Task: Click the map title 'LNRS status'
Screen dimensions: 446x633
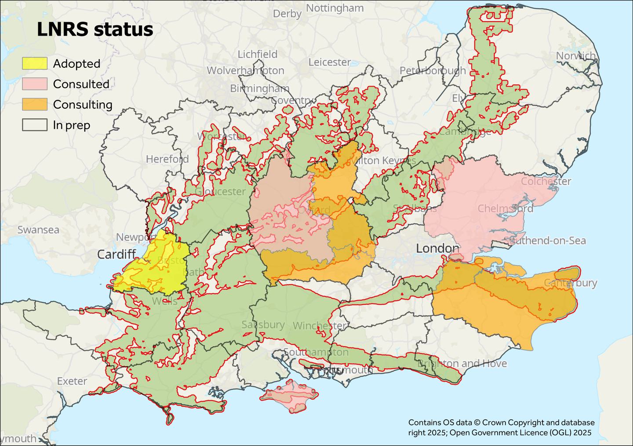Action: [95, 29]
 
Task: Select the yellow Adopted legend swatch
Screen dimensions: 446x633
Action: [35, 63]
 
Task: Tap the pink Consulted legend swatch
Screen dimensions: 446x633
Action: [35, 84]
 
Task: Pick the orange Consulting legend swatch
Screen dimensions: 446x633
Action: [35, 105]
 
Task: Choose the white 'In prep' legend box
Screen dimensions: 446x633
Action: [35, 125]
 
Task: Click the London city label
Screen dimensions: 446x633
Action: [437, 249]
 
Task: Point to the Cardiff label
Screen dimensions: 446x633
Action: [116, 254]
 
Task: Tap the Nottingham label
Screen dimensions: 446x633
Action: [335, 8]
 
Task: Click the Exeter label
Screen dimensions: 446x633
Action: [72, 381]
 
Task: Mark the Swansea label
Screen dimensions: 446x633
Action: [38, 230]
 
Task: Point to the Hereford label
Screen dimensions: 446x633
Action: [167, 159]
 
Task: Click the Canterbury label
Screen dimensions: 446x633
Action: [570, 283]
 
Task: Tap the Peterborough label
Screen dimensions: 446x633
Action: [433, 70]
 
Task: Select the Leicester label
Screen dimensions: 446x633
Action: [329, 62]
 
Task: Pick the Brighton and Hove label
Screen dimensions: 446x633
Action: [462, 364]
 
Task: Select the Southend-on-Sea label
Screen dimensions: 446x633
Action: [547, 241]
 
